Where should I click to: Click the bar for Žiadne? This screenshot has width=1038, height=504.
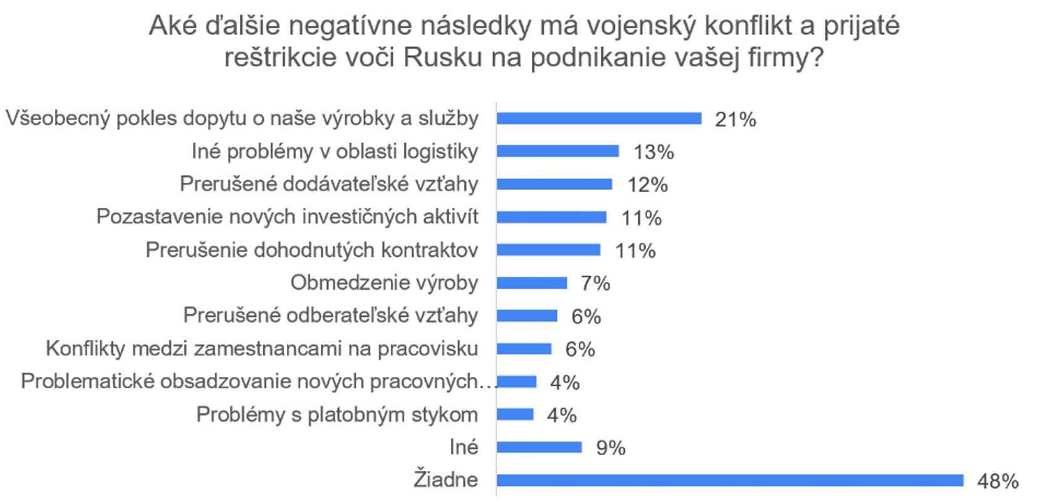click(x=730, y=480)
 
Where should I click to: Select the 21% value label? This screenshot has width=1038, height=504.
click(x=735, y=119)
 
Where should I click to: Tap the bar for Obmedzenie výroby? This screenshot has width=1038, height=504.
click(x=532, y=283)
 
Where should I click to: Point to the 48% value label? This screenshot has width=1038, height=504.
click(x=998, y=481)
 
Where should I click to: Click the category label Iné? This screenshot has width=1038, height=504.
click(x=464, y=447)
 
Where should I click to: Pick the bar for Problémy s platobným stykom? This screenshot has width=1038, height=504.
click(x=515, y=414)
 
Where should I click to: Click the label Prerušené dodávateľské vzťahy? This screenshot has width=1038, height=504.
click(x=329, y=184)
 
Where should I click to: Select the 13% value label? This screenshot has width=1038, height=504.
click(x=653, y=152)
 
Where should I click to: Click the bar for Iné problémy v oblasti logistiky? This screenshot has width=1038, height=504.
click(x=558, y=151)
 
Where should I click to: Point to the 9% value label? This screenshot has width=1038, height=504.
click(x=611, y=448)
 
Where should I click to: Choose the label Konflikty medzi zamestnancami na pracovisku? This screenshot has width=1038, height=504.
click(x=262, y=349)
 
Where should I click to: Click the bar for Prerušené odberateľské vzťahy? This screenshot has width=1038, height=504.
click(x=527, y=316)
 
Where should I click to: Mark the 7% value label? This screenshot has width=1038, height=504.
click(x=595, y=284)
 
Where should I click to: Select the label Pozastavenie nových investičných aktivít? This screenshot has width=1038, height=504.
click(x=287, y=217)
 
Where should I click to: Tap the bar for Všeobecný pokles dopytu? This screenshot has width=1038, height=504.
click(x=599, y=118)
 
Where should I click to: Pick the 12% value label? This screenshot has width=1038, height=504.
click(x=648, y=185)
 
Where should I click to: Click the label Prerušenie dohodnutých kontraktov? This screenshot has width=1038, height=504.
click(x=311, y=250)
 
